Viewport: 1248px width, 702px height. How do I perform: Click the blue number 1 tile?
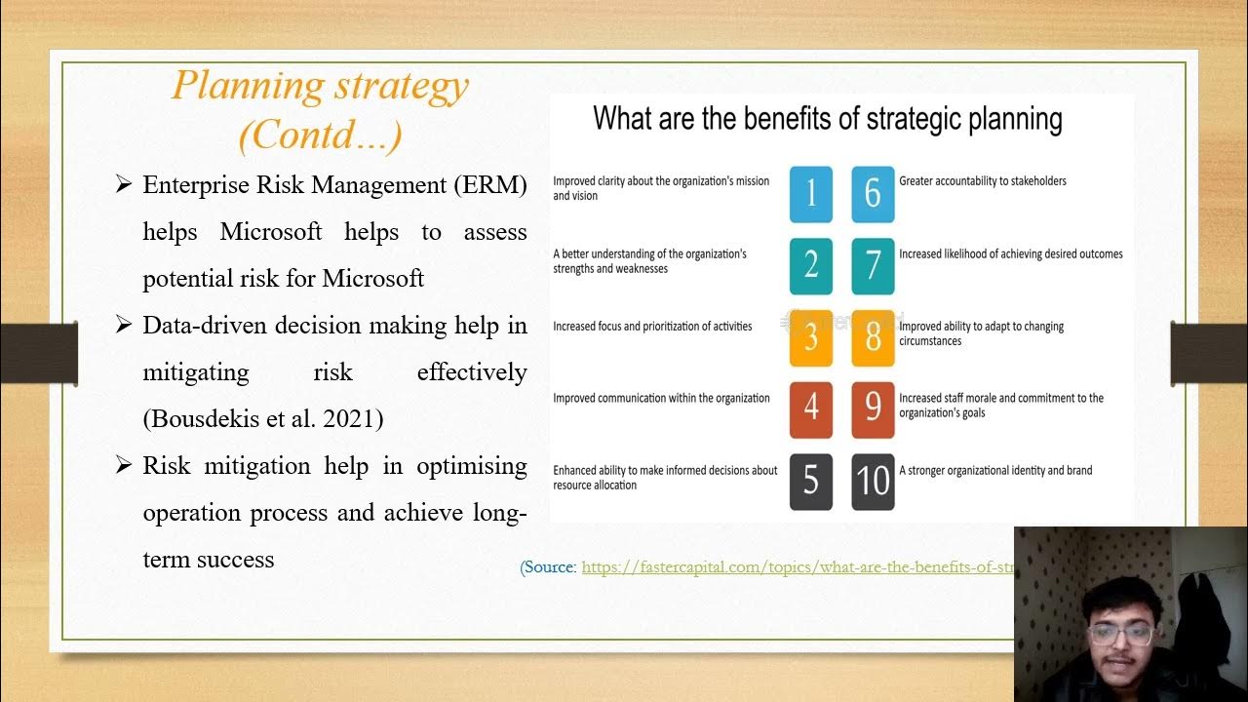coord(810,193)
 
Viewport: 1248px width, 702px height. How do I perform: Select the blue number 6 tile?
coord(873,193)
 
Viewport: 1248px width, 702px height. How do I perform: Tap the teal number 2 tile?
coord(810,265)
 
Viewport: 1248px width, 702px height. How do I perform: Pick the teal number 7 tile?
coord(873,265)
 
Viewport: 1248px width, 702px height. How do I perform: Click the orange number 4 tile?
coord(810,409)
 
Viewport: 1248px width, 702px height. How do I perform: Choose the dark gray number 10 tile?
coord(873,482)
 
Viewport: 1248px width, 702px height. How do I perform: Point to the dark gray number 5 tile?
coord(810,482)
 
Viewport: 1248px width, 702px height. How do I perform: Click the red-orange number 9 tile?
coord(873,409)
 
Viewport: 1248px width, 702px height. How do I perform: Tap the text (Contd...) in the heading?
coord(320,135)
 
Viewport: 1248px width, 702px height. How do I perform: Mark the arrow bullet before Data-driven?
coord(123,325)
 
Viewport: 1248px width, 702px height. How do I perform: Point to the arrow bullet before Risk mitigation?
coord(123,465)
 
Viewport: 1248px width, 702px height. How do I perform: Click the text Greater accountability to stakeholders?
coord(982,181)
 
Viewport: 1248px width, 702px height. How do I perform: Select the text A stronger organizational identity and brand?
coord(994,471)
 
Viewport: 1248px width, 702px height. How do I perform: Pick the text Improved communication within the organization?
coord(661,399)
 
